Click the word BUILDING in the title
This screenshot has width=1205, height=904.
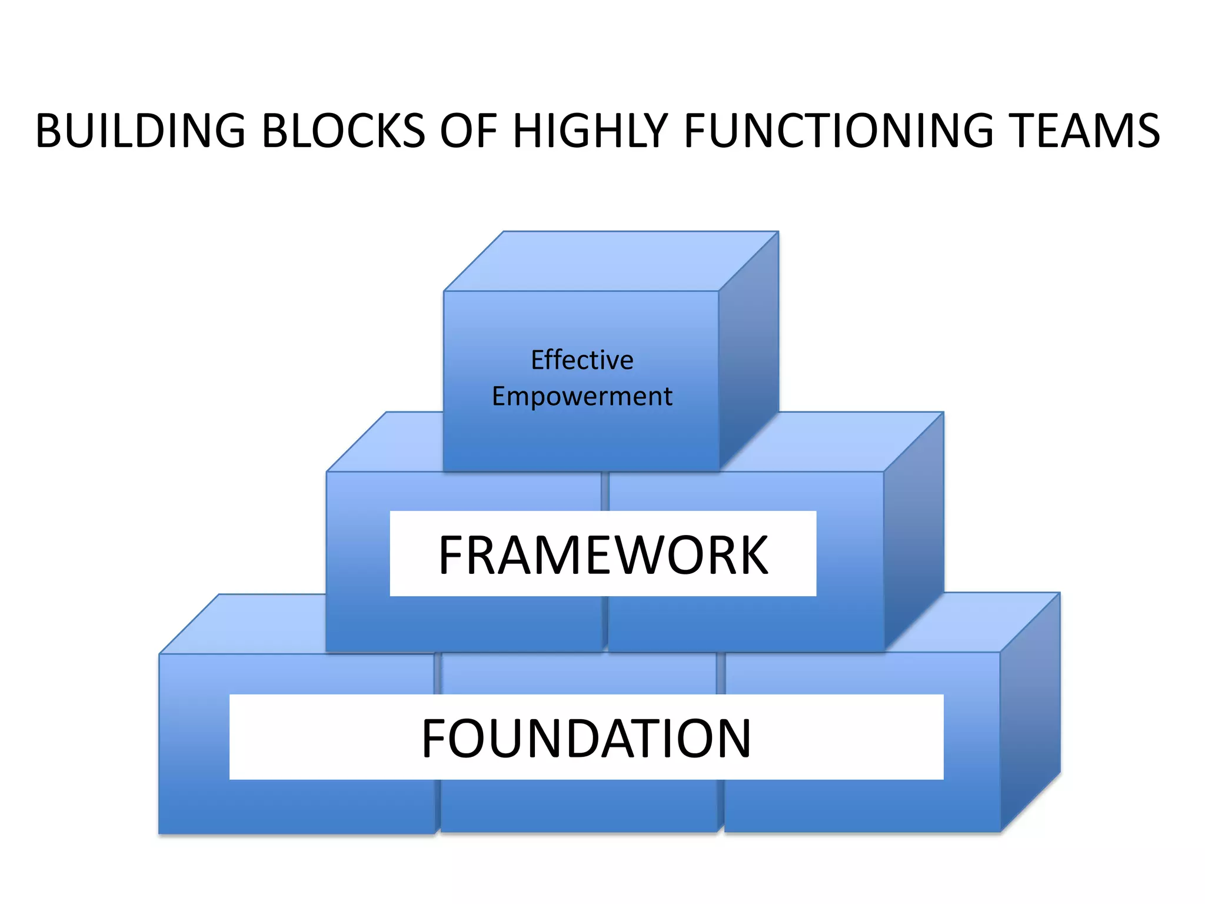pos(140,131)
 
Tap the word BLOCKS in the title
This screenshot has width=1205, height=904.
pos(343,131)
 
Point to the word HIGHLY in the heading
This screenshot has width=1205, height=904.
pos(590,131)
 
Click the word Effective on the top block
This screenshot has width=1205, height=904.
pos(582,360)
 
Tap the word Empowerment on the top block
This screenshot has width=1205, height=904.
pos(582,397)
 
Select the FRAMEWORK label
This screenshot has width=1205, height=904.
pos(603,554)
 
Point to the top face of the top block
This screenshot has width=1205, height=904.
pos(611,261)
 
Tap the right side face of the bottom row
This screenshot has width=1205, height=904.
pos(1030,712)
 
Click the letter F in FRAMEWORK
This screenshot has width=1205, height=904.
pos(452,555)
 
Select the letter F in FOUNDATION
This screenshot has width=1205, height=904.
pos(435,738)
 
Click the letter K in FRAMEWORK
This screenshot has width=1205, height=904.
pos(751,555)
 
